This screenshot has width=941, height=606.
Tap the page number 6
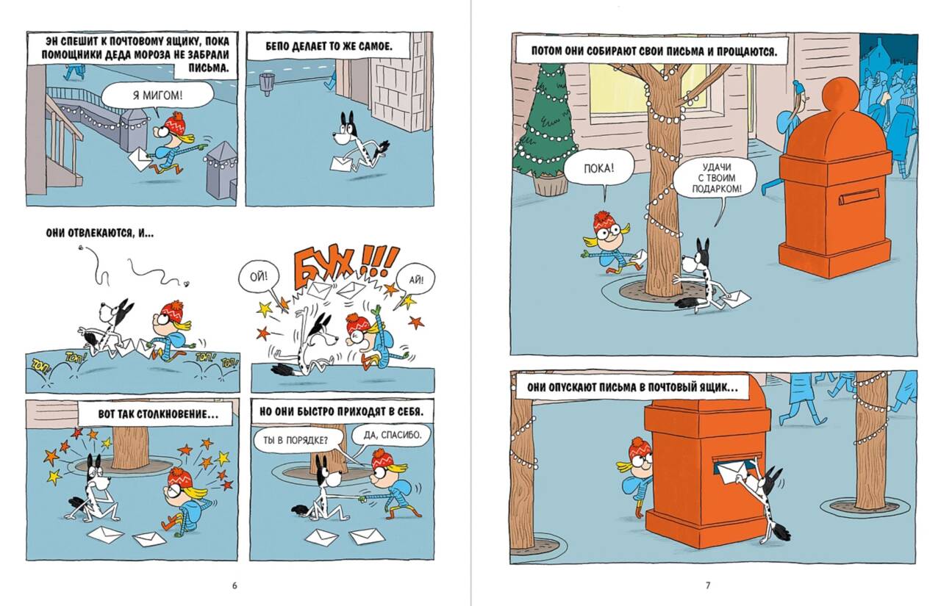235,585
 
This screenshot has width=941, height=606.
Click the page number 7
708,585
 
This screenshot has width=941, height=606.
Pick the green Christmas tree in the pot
545,130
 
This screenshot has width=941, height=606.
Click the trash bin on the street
266,84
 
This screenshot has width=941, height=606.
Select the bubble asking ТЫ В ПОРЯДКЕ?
296,441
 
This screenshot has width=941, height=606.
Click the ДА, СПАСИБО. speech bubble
387,435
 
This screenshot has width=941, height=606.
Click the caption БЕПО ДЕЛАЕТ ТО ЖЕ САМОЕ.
329,46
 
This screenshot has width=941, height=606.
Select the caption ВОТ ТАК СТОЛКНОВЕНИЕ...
157,414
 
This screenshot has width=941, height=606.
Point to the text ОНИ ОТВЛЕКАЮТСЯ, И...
99,233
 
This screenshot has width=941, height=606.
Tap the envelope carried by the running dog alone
343,163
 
